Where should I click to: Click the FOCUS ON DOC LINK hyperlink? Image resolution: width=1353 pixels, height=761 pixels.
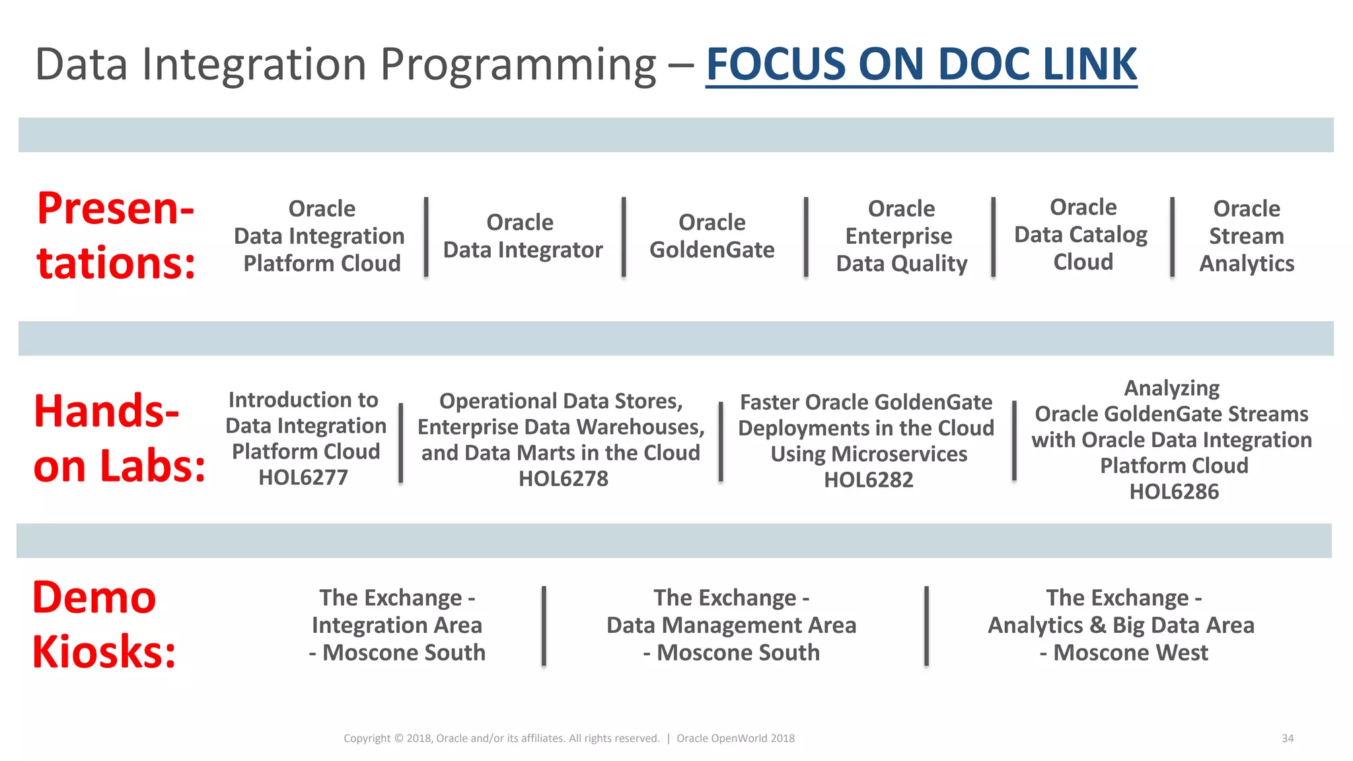point(921,65)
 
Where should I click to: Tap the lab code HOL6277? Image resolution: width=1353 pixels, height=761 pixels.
point(303,478)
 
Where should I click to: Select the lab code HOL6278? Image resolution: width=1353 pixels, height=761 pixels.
point(563,479)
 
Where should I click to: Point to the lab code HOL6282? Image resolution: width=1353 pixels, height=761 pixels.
point(868,480)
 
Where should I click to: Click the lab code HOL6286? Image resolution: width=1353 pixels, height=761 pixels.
point(1174,492)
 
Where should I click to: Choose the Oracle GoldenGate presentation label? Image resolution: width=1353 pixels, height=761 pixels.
point(712,236)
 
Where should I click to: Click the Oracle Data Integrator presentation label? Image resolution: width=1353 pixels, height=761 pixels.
point(522,236)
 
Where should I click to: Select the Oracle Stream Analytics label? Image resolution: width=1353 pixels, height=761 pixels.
point(1246,236)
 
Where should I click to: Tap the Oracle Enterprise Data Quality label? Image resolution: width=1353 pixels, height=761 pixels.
point(901,236)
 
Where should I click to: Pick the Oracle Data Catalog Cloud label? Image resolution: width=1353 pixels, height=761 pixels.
point(1081,235)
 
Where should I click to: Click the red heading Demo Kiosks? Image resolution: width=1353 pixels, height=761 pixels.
point(104,625)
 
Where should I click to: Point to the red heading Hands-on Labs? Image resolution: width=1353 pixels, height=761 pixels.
point(119,439)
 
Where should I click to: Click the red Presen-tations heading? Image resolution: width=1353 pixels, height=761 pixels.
point(116,236)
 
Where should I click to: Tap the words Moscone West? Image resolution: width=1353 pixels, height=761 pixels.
point(1130,653)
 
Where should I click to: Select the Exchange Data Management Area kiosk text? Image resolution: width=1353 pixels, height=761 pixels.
point(731,626)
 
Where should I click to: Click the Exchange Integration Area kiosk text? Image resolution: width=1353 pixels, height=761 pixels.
point(397,626)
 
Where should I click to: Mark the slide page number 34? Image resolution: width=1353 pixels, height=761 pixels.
point(1287,739)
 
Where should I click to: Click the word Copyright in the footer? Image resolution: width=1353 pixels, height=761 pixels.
point(367,739)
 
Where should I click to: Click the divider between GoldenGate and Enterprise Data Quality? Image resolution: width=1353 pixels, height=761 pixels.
point(805,236)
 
